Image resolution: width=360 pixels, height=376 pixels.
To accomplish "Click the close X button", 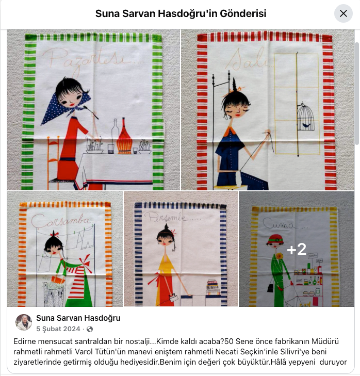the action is click(343, 13).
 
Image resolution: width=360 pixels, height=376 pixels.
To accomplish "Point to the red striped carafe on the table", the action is click(124, 137).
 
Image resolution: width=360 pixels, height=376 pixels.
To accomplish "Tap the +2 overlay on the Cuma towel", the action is click(297, 249).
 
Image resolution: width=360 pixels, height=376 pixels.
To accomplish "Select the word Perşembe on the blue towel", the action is click(166, 217).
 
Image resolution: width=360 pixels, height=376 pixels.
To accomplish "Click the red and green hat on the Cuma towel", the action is click(275, 239).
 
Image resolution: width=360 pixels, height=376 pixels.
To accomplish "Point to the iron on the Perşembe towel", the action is click(174, 298).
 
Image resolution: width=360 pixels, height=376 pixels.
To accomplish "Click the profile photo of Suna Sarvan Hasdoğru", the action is click(24, 322).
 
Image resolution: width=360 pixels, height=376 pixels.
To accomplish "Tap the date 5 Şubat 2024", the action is click(58, 329).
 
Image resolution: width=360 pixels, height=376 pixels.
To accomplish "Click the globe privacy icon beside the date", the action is click(90, 329).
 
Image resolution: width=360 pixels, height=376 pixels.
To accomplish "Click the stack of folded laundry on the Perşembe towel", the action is click(213, 287).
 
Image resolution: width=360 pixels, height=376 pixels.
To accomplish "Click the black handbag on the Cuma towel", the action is click(271, 288).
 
